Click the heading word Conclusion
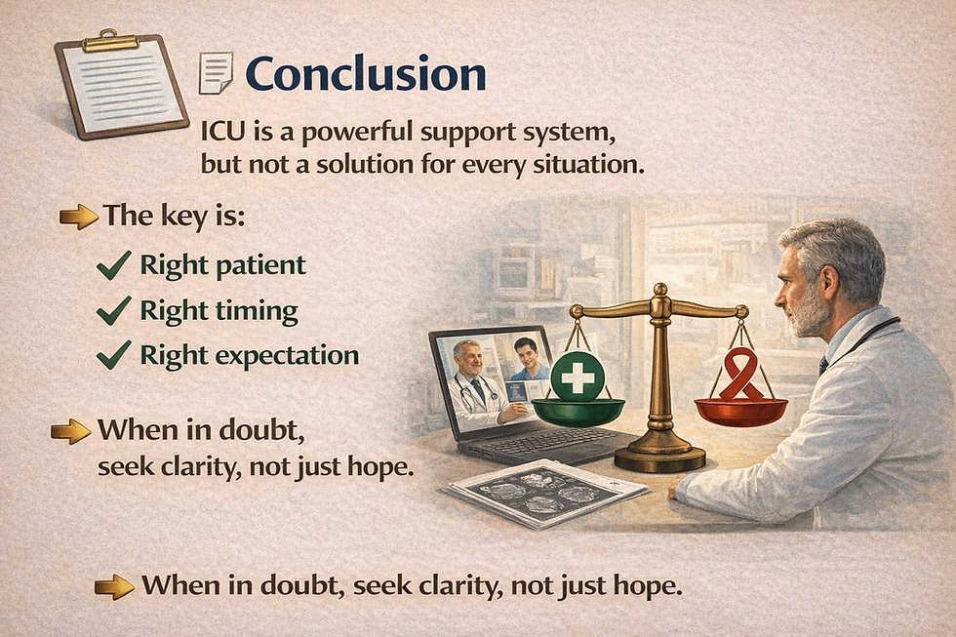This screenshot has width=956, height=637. [x=365, y=74]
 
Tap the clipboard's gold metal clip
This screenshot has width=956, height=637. [x=111, y=41]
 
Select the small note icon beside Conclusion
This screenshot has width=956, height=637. [x=216, y=73]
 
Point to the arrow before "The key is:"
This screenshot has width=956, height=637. [x=79, y=217]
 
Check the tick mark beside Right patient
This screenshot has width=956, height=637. [x=114, y=265]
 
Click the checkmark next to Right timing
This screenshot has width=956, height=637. [x=114, y=310]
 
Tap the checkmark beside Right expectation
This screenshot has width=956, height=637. [x=114, y=355]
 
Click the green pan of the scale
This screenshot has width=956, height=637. [x=578, y=412]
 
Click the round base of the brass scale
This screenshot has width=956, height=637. [x=659, y=457]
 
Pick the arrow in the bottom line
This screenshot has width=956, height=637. [x=115, y=587]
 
